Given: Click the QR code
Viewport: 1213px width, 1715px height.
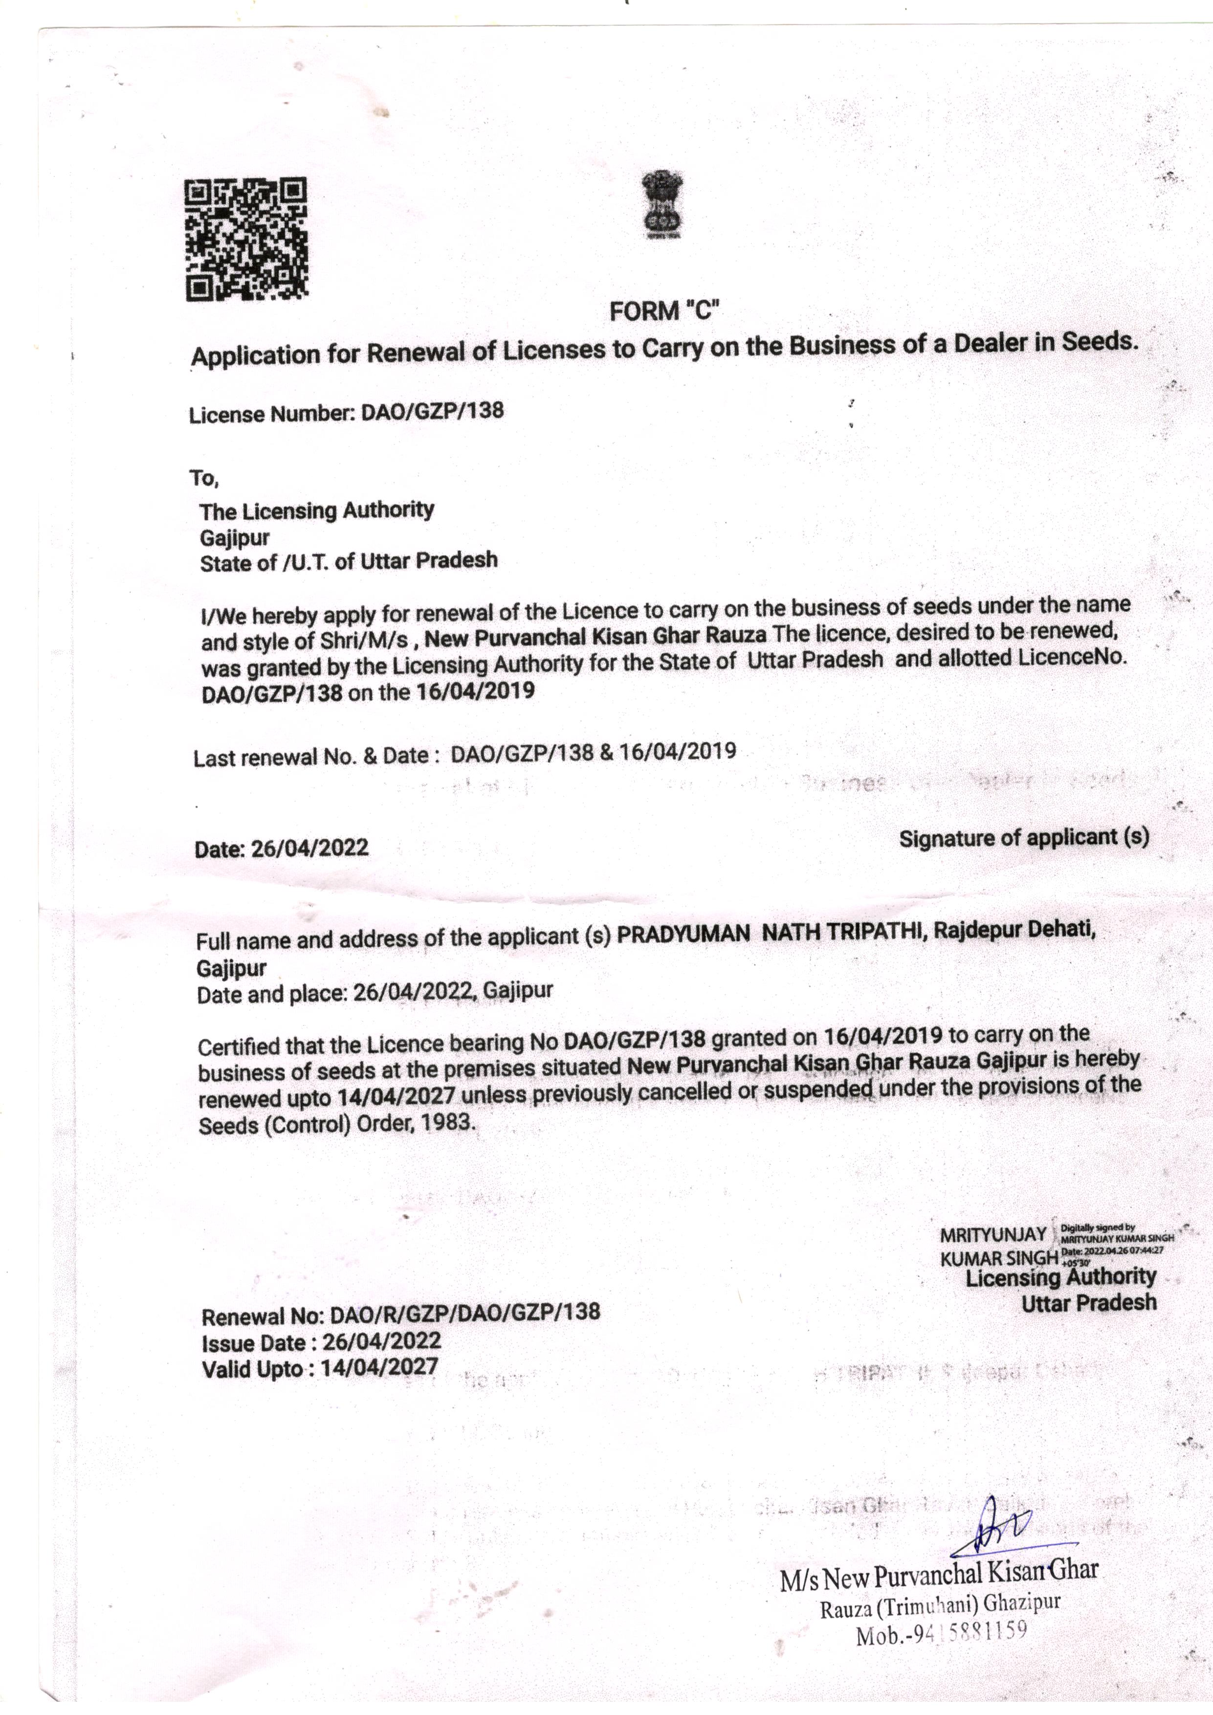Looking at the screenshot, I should coord(246,239).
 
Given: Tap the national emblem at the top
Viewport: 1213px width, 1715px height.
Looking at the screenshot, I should coord(662,204).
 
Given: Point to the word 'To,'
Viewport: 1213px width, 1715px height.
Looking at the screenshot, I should coord(204,479).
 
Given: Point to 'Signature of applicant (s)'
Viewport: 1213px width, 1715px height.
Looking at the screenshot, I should coord(1023,838).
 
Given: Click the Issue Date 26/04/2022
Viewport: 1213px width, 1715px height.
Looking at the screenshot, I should coord(382,1341).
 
